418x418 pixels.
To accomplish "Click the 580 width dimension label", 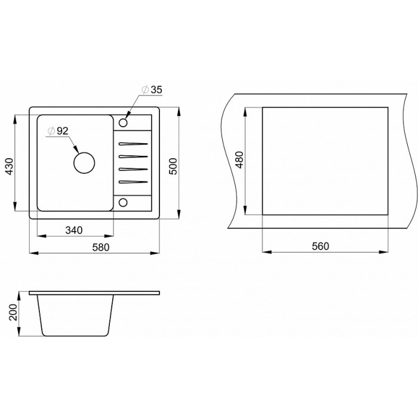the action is coord(101,247).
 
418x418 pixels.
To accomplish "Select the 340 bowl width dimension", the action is coord(74,230).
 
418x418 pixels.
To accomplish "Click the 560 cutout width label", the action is coord(321,246).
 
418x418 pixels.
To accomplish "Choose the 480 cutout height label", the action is coord(240,159).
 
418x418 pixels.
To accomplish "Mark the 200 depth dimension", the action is coord(13,312).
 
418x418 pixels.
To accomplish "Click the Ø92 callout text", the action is coord(58,131).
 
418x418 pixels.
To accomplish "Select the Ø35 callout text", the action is coord(152,90).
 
